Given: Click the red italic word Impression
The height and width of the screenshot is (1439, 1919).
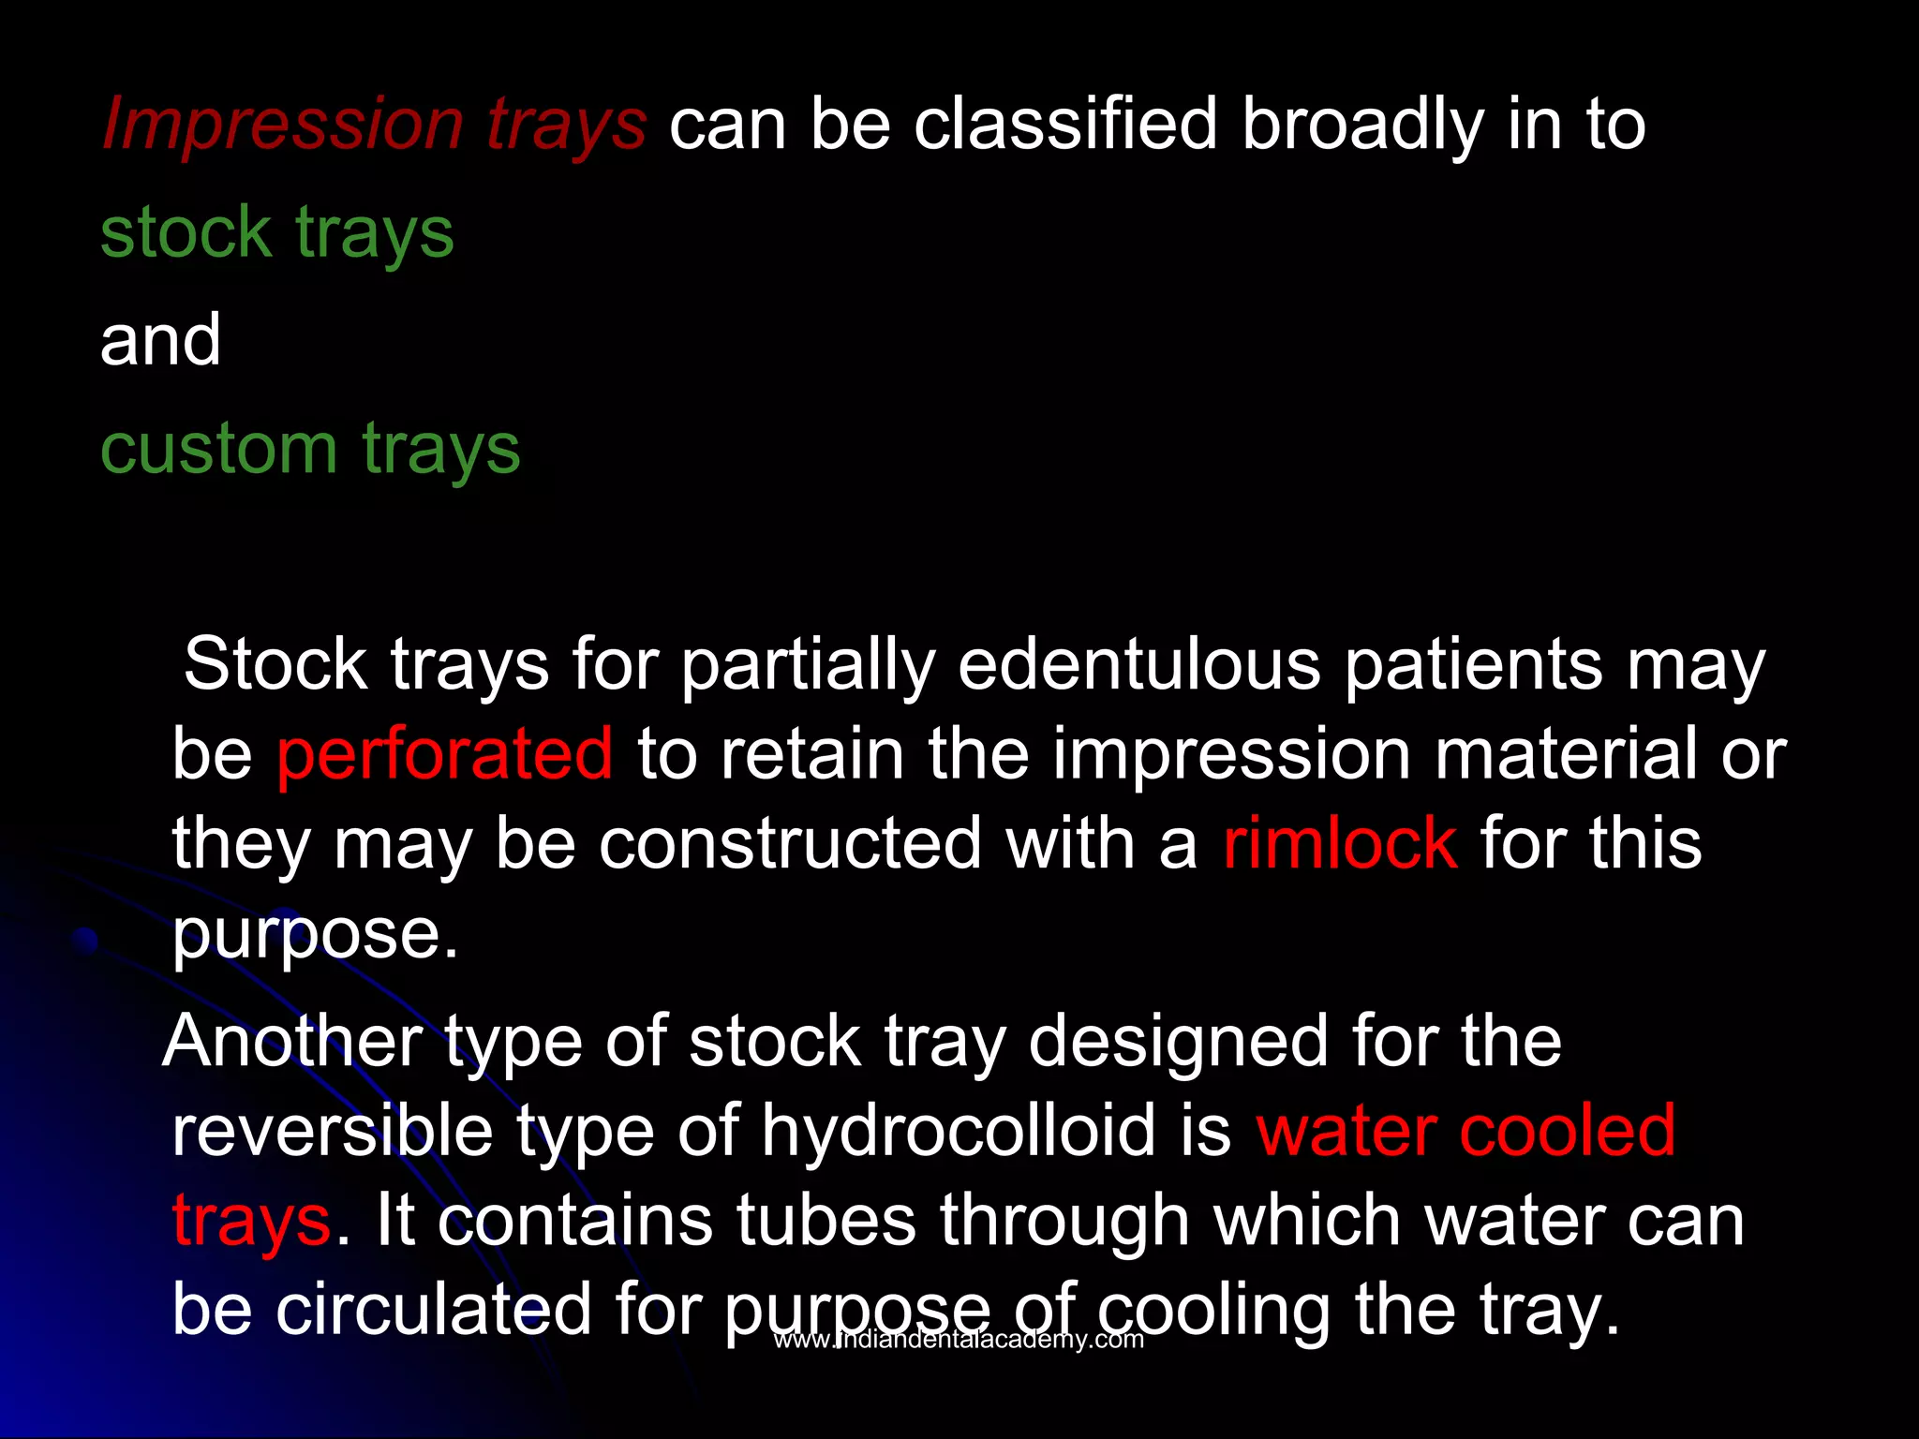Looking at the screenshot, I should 282,124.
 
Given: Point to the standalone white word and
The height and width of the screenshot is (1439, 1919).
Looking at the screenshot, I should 160,339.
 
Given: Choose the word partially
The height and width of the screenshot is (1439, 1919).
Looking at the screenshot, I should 808,665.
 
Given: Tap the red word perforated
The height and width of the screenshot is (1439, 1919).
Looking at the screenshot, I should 444,754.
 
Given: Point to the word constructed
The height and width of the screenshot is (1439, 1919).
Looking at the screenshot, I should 790,843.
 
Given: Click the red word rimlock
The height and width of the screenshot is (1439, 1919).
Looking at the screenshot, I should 1339,843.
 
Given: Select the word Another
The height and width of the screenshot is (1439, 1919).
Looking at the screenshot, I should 293,1041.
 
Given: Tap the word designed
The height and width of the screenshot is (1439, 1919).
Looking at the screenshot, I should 1178,1041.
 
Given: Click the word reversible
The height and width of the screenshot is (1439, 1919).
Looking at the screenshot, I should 332,1130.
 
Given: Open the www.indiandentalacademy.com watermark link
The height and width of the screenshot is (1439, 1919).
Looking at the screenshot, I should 959,1340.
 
